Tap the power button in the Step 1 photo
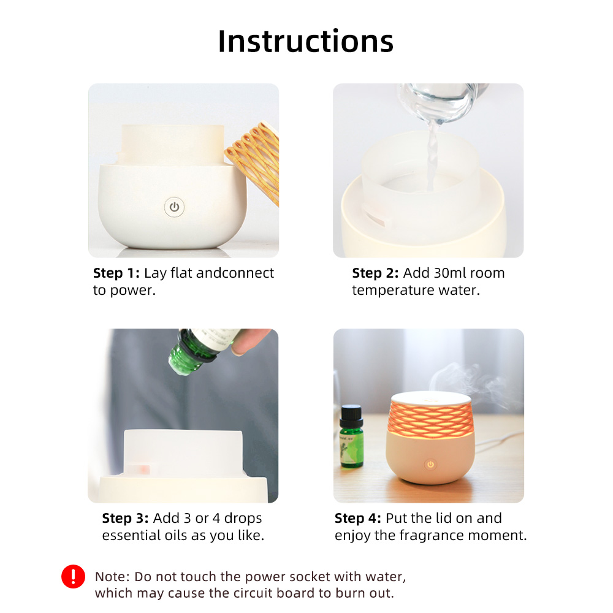click(174, 207)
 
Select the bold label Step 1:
click(116, 273)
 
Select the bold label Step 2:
click(375, 273)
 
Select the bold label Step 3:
click(125, 518)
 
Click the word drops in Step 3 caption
click(243, 519)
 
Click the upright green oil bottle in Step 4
click(351, 436)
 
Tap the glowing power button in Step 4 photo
click(430, 465)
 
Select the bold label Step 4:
click(358, 518)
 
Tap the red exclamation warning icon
click(73, 577)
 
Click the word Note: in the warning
click(112, 577)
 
